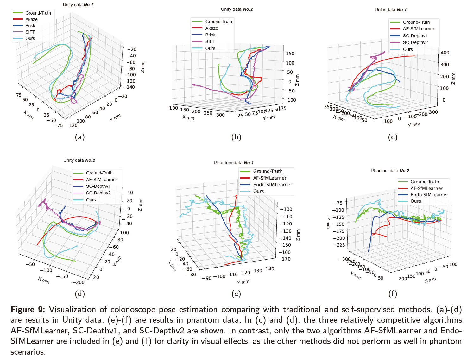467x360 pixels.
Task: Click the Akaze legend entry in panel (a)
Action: (x=31, y=19)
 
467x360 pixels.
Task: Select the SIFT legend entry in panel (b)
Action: (x=210, y=41)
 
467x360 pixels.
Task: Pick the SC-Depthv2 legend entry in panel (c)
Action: (x=415, y=42)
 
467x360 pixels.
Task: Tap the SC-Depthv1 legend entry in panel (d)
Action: (x=98, y=186)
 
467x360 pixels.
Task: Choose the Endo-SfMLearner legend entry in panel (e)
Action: (x=272, y=185)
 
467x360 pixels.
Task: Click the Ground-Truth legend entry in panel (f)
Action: (x=425, y=182)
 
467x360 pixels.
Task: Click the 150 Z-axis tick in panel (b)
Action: (x=290, y=54)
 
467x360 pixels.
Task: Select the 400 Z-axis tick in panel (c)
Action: (x=445, y=53)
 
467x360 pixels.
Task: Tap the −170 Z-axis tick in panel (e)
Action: (x=286, y=259)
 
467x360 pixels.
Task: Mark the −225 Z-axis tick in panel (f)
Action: (x=339, y=245)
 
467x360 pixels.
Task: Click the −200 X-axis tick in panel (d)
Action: (x=78, y=282)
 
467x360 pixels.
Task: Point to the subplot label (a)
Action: (x=79, y=137)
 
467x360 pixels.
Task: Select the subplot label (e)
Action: (x=236, y=294)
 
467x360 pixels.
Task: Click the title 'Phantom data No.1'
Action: (x=234, y=163)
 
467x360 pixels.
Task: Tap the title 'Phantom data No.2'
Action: (x=390, y=171)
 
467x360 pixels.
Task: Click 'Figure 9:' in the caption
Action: (x=28, y=309)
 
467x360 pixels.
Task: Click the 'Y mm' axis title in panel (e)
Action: (x=243, y=282)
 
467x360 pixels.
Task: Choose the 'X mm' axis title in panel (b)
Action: (x=188, y=117)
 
